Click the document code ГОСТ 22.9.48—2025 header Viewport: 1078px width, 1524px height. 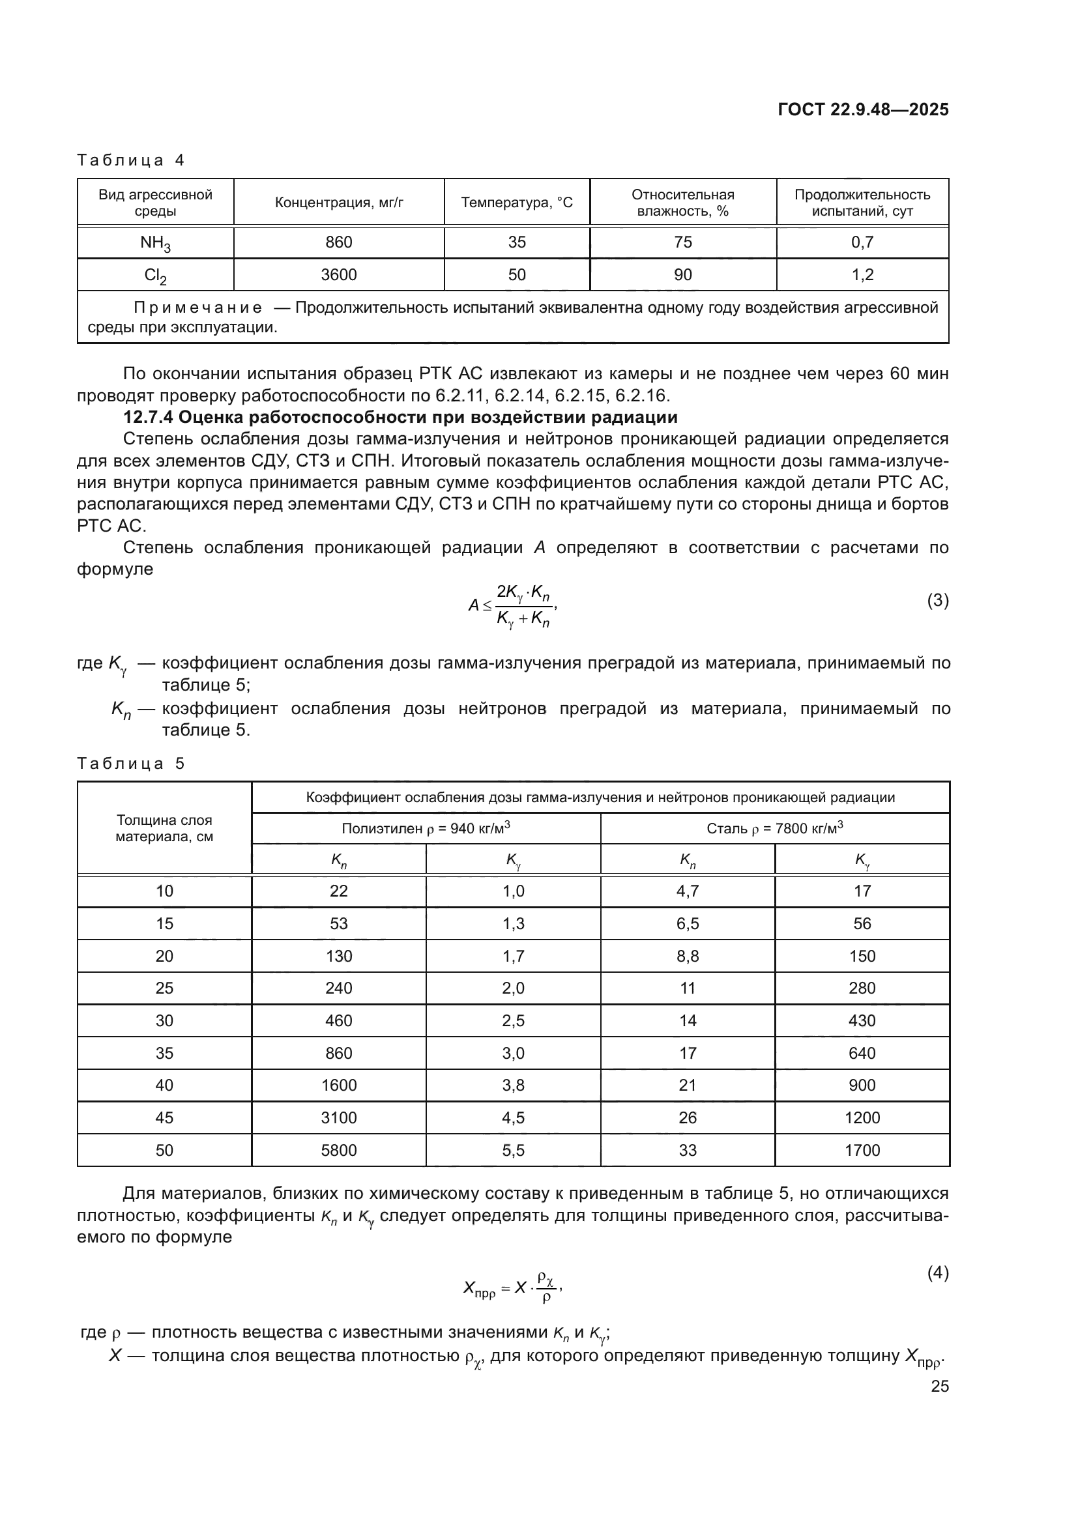point(863,109)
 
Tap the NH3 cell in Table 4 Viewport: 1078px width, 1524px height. point(155,243)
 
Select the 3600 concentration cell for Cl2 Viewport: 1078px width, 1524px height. point(338,275)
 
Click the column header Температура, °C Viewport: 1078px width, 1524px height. point(516,203)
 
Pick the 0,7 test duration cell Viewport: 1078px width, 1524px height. point(862,242)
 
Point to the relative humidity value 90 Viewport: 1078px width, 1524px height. point(682,275)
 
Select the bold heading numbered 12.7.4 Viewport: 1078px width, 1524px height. point(400,417)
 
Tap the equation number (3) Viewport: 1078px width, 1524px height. point(937,600)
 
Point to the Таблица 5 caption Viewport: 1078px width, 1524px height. point(131,764)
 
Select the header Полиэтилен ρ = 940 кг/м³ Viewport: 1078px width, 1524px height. point(426,827)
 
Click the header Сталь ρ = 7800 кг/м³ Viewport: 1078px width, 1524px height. point(775,827)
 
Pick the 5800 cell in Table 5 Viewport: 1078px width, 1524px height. point(338,1150)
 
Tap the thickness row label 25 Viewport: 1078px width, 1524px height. point(164,988)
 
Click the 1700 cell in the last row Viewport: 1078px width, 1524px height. point(862,1150)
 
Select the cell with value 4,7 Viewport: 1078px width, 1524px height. point(687,891)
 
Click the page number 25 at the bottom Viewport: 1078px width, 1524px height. point(939,1386)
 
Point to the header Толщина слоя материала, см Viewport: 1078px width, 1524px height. point(164,827)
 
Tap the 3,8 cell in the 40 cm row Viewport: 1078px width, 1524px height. point(512,1085)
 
